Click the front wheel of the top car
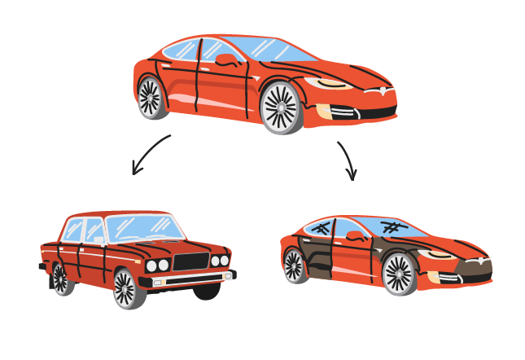(281, 108)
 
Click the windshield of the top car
(269, 50)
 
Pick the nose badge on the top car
(375, 92)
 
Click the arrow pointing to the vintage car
(150, 155)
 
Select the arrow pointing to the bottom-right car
(348, 160)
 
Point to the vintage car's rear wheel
(59, 278)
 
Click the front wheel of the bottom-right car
(398, 273)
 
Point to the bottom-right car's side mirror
(354, 236)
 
